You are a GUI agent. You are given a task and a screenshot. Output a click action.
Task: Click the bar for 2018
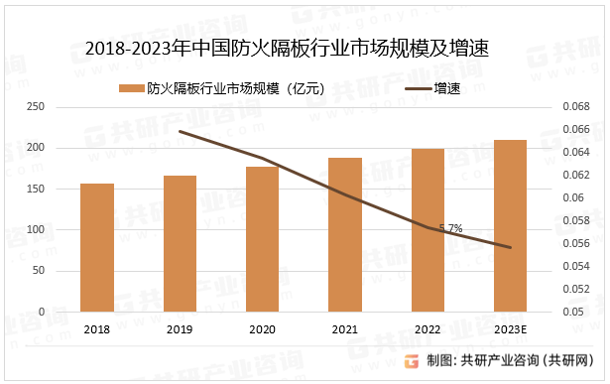point(97,247)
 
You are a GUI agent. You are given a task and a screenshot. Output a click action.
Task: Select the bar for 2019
point(180,243)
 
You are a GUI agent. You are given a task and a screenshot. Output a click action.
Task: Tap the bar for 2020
point(262,238)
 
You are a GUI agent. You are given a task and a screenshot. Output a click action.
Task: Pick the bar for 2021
point(345,234)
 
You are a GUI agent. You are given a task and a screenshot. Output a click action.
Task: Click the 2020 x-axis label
point(262,329)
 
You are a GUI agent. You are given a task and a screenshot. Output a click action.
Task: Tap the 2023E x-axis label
point(510,329)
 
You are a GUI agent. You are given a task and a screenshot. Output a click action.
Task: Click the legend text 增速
point(447,88)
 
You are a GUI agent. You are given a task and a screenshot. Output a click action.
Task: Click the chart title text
point(289,48)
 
